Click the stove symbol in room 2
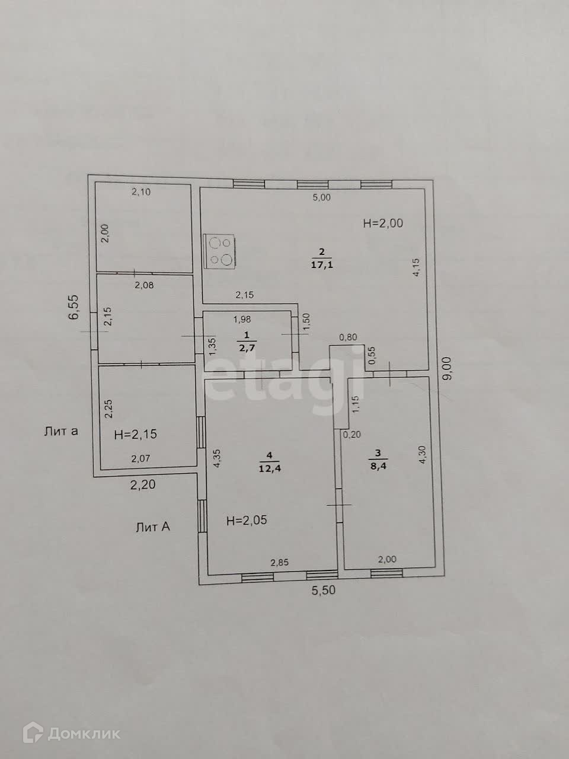tap(220, 251)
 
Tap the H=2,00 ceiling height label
tap(383, 223)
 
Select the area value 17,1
tap(322, 265)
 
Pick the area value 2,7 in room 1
tap(247, 347)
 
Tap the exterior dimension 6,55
tap(74, 307)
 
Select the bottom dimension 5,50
tap(324, 590)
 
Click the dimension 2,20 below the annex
tap(143, 484)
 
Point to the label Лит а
tap(61, 431)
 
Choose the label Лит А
tap(153, 526)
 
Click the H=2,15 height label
tap(135, 434)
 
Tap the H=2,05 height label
tap(247, 521)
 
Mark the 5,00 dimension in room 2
tap(322, 198)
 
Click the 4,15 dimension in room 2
tap(417, 266)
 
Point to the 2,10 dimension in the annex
tap(141, 192)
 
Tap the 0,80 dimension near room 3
tap(348, 338)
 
